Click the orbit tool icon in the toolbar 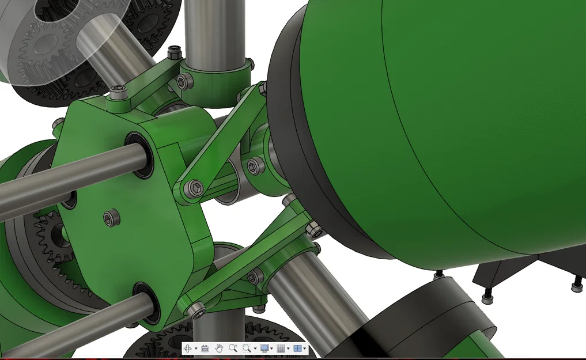(188, 348)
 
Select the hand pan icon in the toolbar (219, 348)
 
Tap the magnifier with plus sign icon (233, 348)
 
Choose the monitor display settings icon (264, 348)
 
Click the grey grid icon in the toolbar (281, 348)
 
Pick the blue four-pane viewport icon (297, 348)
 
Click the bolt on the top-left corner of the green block (118, 91)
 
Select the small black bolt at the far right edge (577, 285)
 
